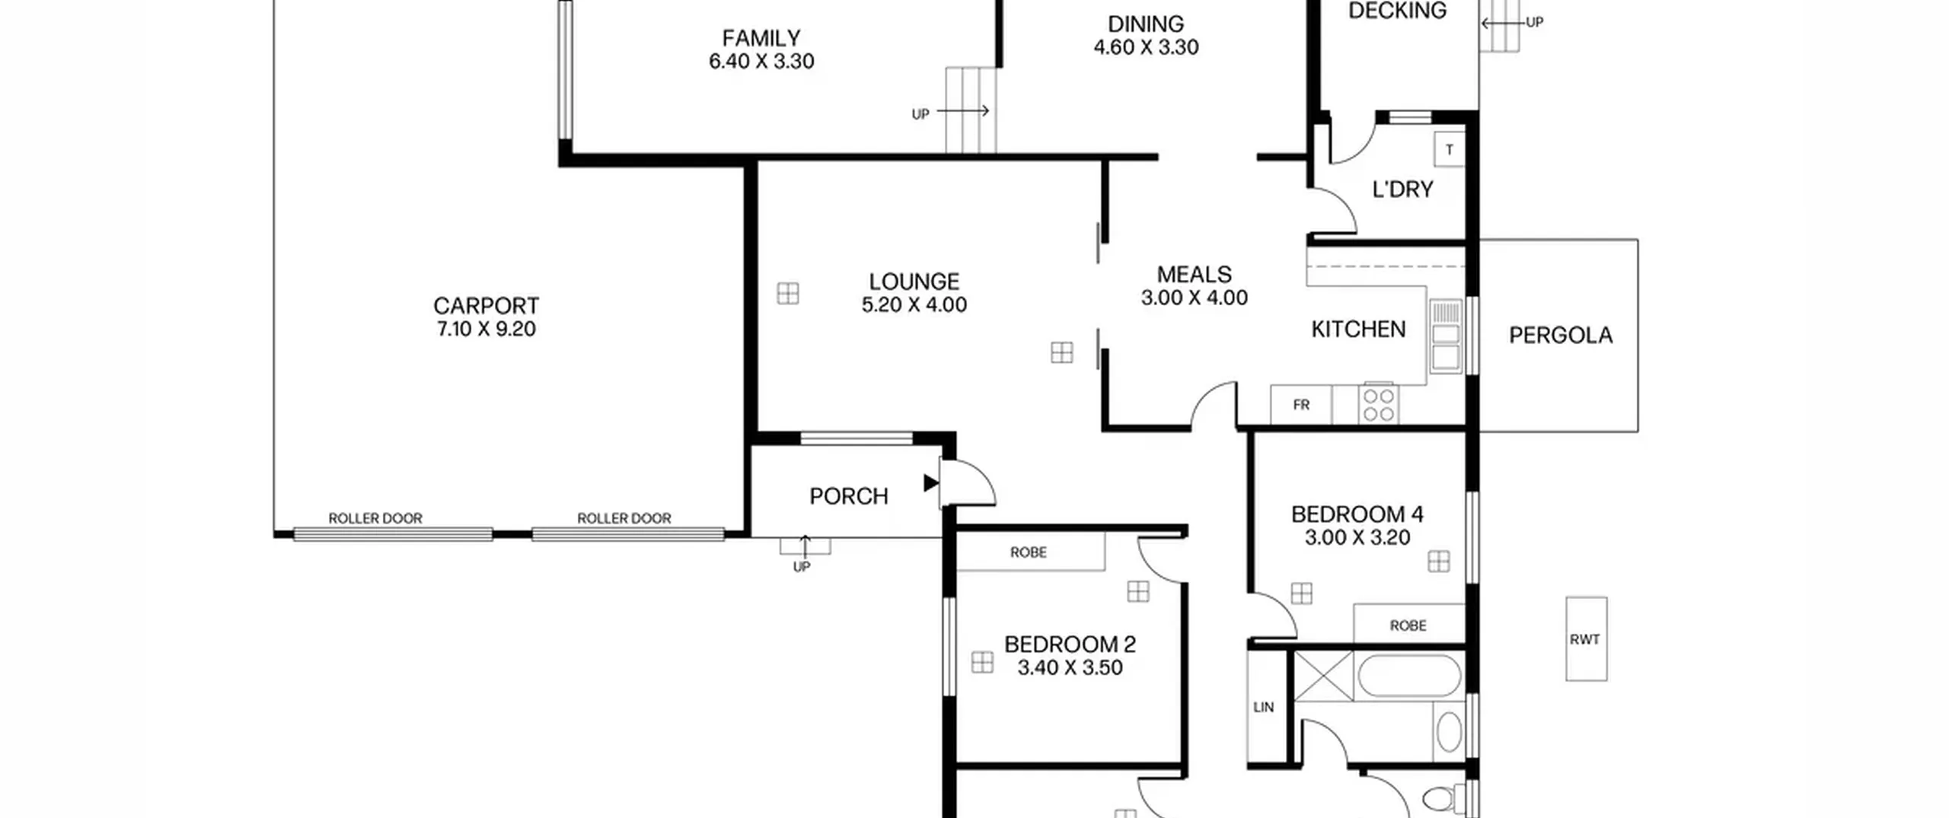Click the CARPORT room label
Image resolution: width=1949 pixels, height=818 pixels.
[486, 306]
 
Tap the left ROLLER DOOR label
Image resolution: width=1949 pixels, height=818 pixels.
[375, 518]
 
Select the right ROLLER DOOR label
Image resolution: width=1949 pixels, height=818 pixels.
[624, 518]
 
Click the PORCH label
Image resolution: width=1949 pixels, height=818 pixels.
[849, 496]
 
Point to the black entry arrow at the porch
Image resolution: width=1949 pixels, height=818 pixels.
[930, 482]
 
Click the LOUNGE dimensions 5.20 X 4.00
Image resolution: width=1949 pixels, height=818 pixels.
[914, 304]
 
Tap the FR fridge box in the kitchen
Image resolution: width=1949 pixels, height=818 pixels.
[1301, 405]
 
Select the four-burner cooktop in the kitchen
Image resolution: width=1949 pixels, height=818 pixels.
[1379, 405]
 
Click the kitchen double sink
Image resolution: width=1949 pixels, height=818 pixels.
[1446, 336]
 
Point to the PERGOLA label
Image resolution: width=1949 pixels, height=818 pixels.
[1561, 336]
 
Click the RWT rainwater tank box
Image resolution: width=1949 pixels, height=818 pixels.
[1587, 638]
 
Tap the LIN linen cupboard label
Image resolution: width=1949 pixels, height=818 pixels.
[1264, 707]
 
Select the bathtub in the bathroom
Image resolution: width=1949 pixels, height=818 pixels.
[1409, 675]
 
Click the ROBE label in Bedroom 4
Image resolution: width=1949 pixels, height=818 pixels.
[1408, 625]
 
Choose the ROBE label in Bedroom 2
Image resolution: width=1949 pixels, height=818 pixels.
[1029, 552]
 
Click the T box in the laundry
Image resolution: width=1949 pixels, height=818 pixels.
[1450, 150]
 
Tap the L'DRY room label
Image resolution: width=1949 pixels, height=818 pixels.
[1402, 189]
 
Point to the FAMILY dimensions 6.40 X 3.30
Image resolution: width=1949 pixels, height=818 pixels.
[761, 61]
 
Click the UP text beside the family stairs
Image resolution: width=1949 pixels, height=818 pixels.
[920, 114]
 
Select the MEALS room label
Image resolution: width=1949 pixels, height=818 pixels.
[1194, 274]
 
